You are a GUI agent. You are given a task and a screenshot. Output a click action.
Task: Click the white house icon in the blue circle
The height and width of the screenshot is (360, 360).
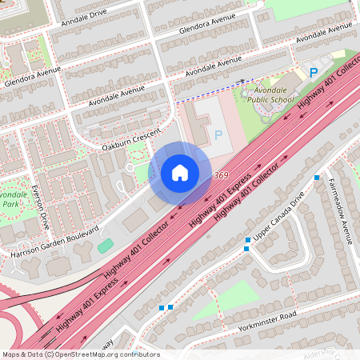click(x=180, y=173)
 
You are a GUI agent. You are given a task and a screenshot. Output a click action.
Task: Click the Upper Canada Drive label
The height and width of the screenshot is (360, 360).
click(x=280, y=218)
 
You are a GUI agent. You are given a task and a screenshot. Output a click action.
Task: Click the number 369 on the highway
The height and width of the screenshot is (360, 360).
click(x=222, y=175)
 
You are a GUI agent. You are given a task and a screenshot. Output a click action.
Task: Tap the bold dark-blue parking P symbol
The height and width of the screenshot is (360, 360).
click(x=314, y=73)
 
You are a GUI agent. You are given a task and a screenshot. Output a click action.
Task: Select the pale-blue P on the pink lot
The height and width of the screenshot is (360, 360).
click(x=218, y=134)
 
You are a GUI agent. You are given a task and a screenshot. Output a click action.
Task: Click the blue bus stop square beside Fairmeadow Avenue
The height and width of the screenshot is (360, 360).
click(x=318, y=178)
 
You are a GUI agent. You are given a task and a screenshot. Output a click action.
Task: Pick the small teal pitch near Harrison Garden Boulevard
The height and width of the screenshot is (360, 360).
click(x=106, y=246)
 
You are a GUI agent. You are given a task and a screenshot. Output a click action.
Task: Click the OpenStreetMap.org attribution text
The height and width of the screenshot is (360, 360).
click(x=103, y=354)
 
